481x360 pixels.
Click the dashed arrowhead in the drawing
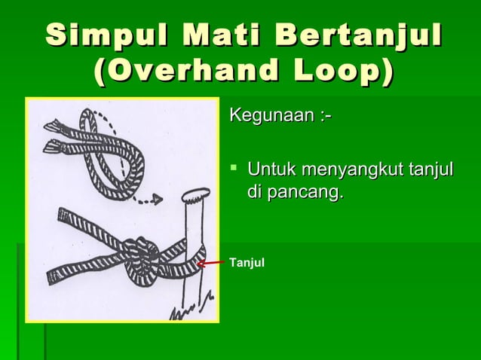(x=157, y=200)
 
